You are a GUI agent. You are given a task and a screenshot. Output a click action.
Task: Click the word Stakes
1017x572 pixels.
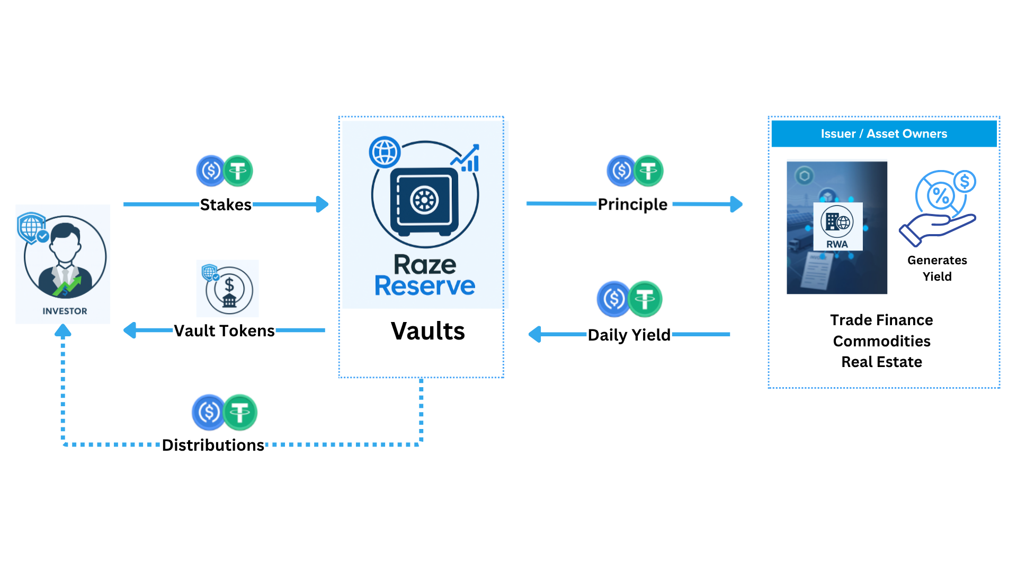[x=226, y=205]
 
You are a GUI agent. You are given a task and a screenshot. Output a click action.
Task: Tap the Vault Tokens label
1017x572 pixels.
[x=224, y=331]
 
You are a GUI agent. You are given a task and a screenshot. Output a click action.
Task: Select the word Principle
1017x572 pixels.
[x=632, y=204]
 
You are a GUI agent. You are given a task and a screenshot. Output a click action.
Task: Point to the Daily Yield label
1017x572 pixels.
[x=629, y=335]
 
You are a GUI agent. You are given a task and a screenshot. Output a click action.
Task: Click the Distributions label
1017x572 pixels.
[x=213, y=445]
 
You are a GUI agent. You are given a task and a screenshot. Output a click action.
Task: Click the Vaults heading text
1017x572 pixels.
[x=427, y=332]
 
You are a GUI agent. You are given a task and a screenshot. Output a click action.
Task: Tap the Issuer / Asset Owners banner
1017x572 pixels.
[x=884, y=134]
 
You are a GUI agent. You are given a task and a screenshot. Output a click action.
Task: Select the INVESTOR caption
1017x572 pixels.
[x=65, y=311]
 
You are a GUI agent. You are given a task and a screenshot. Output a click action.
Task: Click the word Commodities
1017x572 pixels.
[x=881, y=341]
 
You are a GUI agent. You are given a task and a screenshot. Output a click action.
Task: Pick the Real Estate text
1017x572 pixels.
[x=881, y=362]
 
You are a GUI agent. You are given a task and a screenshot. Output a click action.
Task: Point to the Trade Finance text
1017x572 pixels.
[x=881, y=320]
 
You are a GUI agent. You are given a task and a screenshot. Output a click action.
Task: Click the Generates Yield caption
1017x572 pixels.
[x=937, y=269]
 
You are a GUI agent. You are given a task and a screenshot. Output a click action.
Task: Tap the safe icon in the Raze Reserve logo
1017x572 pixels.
[x=424, y=201]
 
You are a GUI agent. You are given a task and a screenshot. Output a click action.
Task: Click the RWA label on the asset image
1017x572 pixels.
[x=837, y=244]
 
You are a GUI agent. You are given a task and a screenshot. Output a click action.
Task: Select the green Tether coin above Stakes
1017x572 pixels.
[x=238, y=171]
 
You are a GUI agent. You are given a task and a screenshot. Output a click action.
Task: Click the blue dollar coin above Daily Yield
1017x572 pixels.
[x=614, y=299]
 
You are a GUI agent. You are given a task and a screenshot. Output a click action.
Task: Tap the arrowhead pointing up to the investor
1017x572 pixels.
[x=63, y=332]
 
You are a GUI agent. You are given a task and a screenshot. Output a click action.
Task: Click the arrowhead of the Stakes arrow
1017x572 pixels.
[x=322, y=204]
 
